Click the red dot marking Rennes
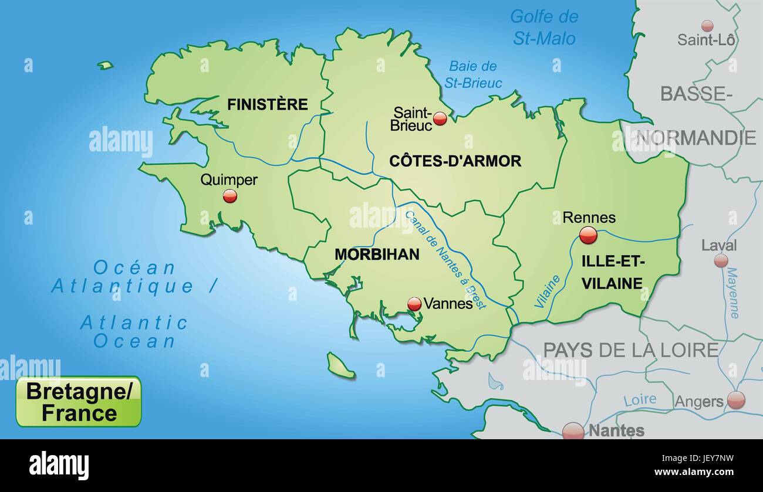pos(588,235)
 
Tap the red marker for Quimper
pos(230,196)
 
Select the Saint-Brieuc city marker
pos(440,119)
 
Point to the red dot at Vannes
pos(414,304)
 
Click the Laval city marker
pos(721,260)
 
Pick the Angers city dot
pos(735,400)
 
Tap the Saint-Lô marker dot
pos(707,26)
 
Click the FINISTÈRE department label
pos(267,104)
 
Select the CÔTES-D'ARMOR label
pos(455,161)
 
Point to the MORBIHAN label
pos(377,254)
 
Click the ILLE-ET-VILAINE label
pos(612,273)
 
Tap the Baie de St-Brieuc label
pos(473,74)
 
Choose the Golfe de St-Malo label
pos(544,27)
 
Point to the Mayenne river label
pos(732,293)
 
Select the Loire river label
pos(639,400)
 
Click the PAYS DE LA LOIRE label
pos(630,350)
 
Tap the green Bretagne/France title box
pos(79,402)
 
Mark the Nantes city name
pos(616,430)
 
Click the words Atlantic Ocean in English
pos(134,332)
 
